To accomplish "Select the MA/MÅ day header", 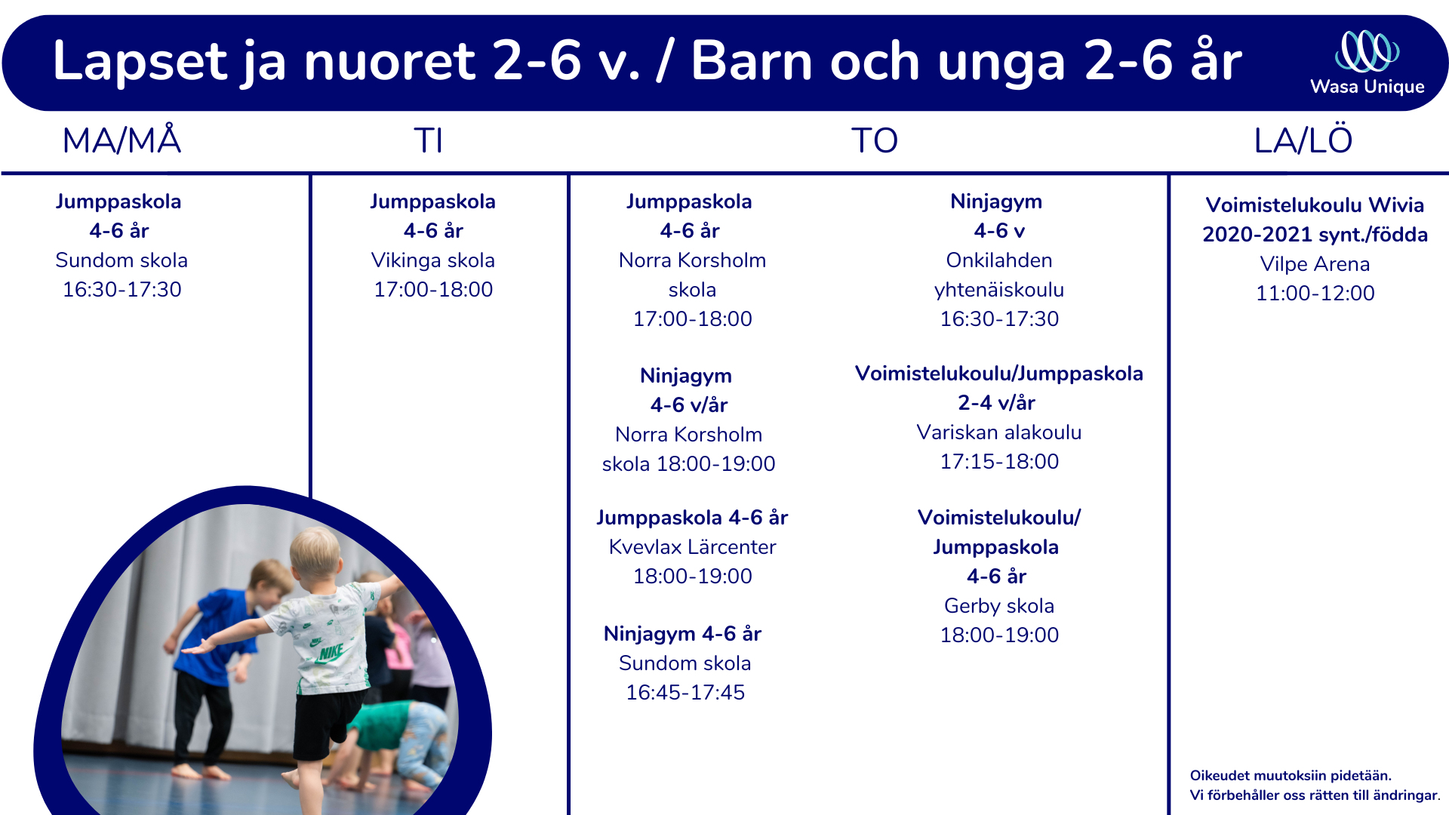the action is [122, 140].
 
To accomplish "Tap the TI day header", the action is [428, 141].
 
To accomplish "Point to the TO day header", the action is [875, 141].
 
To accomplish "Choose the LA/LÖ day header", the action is [1303, 140].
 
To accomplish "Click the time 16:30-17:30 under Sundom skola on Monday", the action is [122, 290].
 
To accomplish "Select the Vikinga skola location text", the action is [433, 260].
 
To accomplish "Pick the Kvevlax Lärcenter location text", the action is [692, 547].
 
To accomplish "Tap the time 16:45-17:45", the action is [685, 693].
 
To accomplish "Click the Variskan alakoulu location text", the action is [999, 432].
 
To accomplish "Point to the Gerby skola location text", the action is [999, 606].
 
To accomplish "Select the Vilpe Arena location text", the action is [1315, 264].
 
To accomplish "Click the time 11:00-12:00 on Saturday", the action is [1315, 294].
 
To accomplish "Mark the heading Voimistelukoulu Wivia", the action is [1315, 205].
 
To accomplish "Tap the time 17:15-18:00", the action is [999, 462].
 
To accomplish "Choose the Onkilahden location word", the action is [999, 260].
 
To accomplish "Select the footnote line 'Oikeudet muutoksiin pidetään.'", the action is [1291, 776].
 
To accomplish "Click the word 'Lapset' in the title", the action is [140, 61].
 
